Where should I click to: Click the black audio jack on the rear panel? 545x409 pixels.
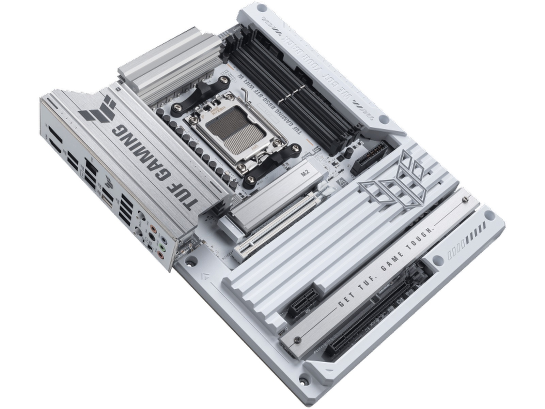click(x=150, y=236)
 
